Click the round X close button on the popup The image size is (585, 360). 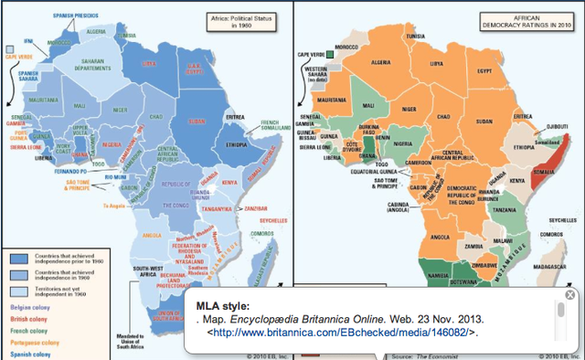point(570,294)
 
